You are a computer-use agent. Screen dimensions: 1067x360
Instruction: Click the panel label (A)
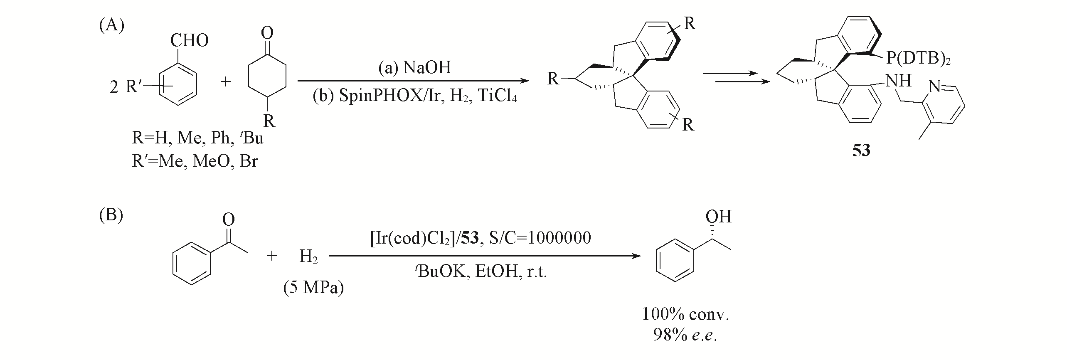pos(111,26)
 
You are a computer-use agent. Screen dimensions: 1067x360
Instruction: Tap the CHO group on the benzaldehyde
pos(190,41)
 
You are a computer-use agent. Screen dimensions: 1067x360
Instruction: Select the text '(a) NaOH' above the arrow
pos(414,67)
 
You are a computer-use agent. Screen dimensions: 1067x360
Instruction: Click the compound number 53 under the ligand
pos(861,150)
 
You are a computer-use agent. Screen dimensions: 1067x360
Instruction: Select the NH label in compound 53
pos(899,81)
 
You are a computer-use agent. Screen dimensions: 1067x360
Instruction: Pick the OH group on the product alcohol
pos(718,217)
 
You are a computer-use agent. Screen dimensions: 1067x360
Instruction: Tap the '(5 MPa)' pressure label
pos(313,287)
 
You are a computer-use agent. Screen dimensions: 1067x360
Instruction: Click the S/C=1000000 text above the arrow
pos(539,238)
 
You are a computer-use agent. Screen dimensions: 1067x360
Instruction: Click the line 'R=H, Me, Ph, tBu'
pos(197,138)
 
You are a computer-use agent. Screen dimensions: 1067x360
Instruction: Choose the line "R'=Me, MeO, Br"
pos(195,160)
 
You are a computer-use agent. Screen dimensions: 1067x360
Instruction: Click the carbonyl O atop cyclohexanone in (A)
pos(267,32)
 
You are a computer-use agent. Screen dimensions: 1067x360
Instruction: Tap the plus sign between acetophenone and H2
pos(271,256)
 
